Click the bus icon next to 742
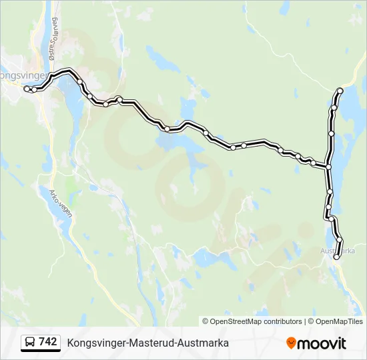[29, 343]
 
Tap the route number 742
[47, 342]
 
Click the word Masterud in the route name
[147, 343]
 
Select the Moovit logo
[316, 343]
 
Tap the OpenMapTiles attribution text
[339, 321]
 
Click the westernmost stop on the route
[27, 89]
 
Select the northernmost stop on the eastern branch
[340, 90]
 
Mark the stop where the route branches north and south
[328, 166]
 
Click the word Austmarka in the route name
[206, 343]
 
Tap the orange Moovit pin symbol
[291, 343]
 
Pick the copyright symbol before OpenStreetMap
[206, 321]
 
